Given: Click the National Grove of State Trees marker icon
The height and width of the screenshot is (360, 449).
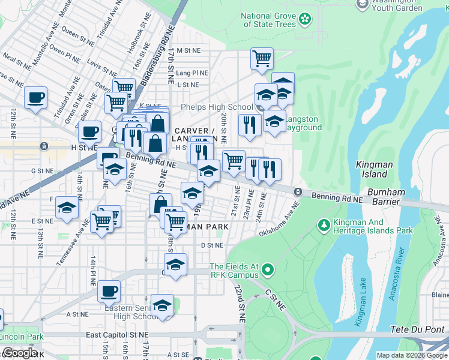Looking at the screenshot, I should pyautogui.click(x=306, y=19).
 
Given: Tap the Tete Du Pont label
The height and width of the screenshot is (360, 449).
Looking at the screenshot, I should pyautogui.click(x=420, y=329).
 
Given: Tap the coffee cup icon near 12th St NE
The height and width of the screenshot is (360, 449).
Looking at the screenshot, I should pyautogui.click(x=35, y=97).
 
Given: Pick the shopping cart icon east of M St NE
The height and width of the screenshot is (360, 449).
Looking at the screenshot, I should pyautogui.click(x=262, y=59).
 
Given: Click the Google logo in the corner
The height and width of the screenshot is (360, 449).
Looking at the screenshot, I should pyautogui.click(x=20, y=353).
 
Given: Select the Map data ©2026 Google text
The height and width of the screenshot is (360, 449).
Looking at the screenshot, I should pyautogui.click(x=411, y=355).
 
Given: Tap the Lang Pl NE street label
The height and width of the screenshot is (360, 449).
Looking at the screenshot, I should pyautogui.click(x=192, y=73).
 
